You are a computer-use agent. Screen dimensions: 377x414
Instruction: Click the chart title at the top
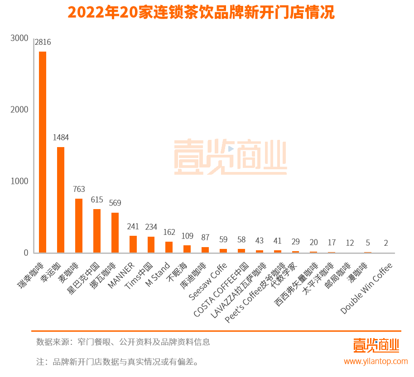pos(201,12)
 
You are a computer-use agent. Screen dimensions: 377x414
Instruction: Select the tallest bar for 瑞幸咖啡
pos(43,152)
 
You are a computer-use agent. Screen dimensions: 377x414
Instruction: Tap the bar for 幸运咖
pos(61,200)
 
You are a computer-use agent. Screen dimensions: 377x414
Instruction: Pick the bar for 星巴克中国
pos(97,231)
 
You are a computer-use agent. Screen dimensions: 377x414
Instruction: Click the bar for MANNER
pos(133,244)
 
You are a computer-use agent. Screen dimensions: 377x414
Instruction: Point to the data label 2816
pos(43,43)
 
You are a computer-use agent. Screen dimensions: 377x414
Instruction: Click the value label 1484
pos(61,138)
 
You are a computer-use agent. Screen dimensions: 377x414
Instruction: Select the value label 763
pos(79,189)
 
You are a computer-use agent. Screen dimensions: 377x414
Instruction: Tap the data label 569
pos(115,203)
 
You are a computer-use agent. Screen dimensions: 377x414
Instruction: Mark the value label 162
pos(169,232)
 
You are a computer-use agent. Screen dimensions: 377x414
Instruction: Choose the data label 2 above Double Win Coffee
pos(386,243)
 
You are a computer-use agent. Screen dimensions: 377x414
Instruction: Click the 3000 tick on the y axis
pos(19,38)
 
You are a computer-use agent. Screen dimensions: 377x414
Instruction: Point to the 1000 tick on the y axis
pos(19,181)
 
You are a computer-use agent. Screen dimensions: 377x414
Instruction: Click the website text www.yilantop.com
pos(375,361)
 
